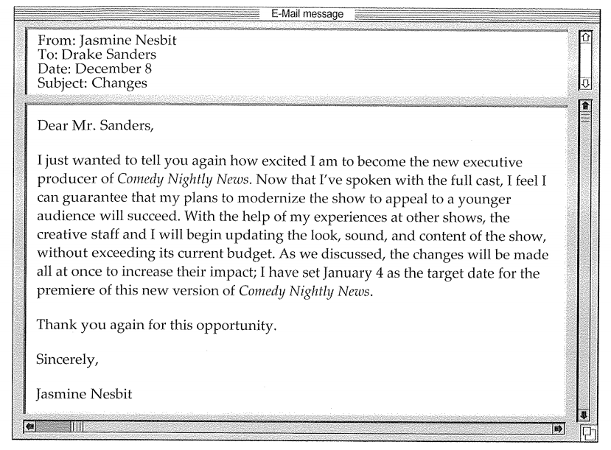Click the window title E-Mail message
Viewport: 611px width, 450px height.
coord(304,13)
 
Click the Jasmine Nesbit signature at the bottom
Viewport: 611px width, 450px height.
coord(84,394)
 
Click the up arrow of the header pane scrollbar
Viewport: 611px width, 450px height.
coord(587,37)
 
